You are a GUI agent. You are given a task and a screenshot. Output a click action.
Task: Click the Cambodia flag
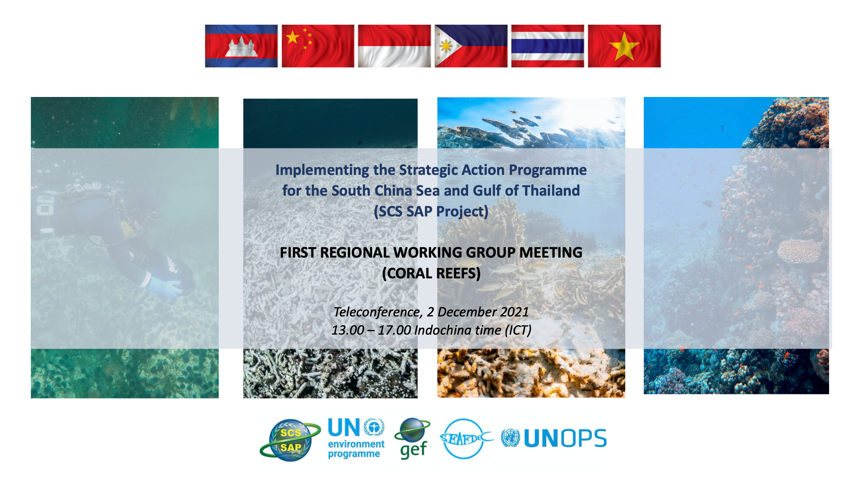[x=241, y=46]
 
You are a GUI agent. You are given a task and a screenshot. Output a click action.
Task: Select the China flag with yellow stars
[x=318, y=46]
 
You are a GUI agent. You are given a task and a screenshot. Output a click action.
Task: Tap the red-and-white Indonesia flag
[x=394, y=46]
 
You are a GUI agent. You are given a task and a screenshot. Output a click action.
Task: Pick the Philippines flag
[x=471, y=46]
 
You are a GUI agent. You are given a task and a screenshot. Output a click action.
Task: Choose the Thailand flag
[x=548, y=46]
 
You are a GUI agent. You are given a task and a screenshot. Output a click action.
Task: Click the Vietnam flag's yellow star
[x=624, y=46]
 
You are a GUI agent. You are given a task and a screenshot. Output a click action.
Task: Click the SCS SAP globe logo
[x=290, y=440]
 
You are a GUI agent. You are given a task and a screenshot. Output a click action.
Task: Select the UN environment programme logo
[x=356, y=438]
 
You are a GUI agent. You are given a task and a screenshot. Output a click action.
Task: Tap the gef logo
[x=413, y=438]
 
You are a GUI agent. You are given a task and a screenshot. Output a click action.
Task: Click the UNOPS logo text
[x=565, y=439]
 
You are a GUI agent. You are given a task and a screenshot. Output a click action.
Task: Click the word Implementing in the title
[x=322, y=170]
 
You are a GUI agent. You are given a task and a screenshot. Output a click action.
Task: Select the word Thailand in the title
[x=551, y=190]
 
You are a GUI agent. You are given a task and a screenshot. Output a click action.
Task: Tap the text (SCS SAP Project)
[x=431, y=212]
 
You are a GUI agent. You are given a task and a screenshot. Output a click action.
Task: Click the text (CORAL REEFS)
[x=431, y=274]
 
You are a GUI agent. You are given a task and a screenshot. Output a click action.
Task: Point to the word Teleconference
[x=378, y=312]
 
